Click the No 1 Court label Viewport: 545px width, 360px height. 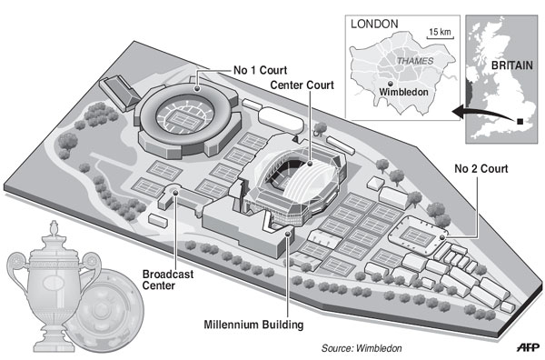[260, 70]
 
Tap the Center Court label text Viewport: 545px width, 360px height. [302, 85]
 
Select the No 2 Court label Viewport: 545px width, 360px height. [481, 169]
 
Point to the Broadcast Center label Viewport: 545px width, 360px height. [167, 280]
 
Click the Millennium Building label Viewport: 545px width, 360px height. [253, 325]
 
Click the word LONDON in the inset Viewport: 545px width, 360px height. [374, 24]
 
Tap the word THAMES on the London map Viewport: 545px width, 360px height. [415, 61]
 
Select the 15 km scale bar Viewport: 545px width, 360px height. [440, 36]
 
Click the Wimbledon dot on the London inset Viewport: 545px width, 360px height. [391, 84]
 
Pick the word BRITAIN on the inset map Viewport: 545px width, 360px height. [511, 65]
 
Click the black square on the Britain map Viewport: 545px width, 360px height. [520, 122]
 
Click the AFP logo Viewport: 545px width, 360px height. [528, 346]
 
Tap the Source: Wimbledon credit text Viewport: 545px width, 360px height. [362, 348]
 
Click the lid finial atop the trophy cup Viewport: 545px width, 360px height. [54, 228]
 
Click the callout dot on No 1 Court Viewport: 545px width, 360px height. [197, 88]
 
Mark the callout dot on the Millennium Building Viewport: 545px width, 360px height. [287, 234]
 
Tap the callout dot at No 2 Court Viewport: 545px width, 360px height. [441, 237]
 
